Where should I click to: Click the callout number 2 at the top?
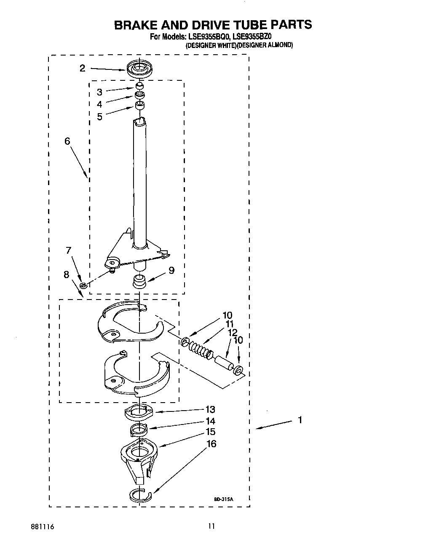point(83,68)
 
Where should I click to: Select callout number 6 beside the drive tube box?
point(67,141)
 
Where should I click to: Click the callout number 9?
point(171,271)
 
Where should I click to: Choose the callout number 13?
point(210,409)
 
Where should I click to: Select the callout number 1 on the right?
point(300,420)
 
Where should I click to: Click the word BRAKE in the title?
point(137,25)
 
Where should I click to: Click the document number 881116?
point(42,526)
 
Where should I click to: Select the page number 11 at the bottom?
point(212,526)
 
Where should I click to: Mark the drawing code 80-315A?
point(223,499)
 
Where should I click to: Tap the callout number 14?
point(210,421)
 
